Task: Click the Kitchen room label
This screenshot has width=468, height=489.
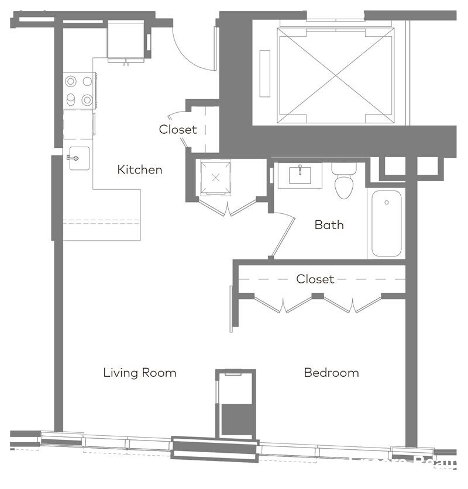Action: pos(140,170)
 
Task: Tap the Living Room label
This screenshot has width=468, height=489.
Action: pos(140,373)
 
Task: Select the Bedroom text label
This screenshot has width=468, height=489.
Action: pos(331,373)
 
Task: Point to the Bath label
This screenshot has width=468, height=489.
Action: pos(329,225)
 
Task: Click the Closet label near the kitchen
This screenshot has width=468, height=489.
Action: pos(178,130)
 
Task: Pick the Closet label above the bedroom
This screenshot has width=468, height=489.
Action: pos(315,279)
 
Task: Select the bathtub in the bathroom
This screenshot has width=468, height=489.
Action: pos(387,223)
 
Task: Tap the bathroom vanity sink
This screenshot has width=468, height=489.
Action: pos(300,175)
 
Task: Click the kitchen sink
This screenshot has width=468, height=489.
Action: pos(79,158)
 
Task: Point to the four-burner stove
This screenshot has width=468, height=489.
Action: pos(79,90)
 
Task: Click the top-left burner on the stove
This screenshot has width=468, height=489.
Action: pos(71,81)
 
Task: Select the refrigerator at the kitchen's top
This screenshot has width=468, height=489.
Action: pos(126,40)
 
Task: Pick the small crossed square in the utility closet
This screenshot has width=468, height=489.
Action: pos(216,178)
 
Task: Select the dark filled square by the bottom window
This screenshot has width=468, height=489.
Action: pos(236,419)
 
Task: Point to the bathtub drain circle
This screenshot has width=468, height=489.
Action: pos(387,203)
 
